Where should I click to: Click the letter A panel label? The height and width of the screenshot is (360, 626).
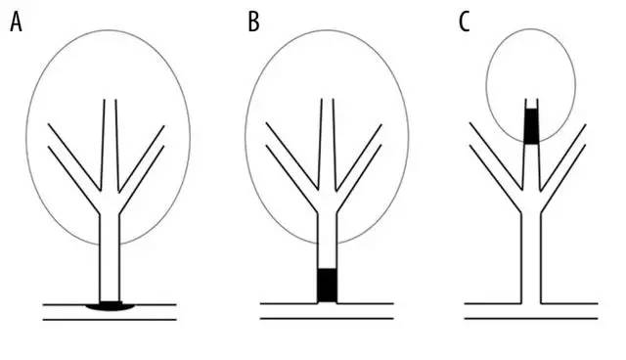click(x=16, y=22)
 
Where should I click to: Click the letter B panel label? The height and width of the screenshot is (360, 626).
click(x=253, y=22)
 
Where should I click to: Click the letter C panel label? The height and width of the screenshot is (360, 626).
click(x=464, y=22)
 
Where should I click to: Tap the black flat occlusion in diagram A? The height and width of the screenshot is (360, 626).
click(x=111, y=306)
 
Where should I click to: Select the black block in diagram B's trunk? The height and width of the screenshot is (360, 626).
click(x=328, y=285)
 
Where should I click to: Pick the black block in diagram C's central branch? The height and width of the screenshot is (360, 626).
click(x=531, y=126)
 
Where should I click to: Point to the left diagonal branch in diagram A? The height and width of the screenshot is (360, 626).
click(x=74, y=168)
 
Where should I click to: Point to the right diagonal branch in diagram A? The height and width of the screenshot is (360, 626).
click(x=142, y=169)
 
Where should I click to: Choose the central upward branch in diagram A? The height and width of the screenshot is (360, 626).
click(x=110, y=145)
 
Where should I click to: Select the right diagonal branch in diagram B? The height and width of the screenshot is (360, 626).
click(x=359, y=168)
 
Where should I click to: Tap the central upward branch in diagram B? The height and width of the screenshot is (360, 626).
click(x=328, y=145)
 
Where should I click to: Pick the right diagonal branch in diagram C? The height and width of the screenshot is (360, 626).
click(x=563, y=168)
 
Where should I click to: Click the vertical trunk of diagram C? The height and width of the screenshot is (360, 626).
click(x=531, y=258)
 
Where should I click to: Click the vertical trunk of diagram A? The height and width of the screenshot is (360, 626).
click(x=110, y=258)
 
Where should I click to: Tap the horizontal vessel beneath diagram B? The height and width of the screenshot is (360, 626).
click(x=327, y=311)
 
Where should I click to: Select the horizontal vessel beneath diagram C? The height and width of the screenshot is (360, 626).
click(x=531, y=311)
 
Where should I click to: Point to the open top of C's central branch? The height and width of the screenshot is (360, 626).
click(x=531, y=100)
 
